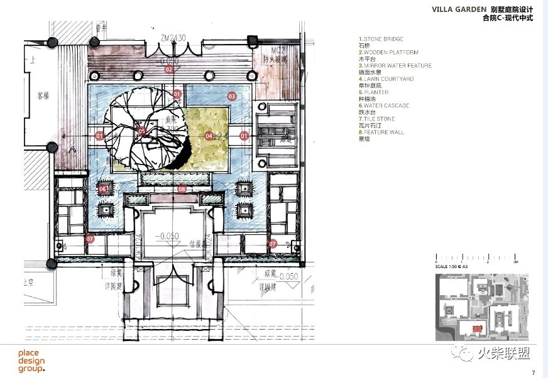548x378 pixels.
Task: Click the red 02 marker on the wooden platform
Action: (168, 70)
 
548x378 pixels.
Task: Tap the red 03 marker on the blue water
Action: (232, 97)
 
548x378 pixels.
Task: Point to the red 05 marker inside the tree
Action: (142, 132)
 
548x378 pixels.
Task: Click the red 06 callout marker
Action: (103, 188)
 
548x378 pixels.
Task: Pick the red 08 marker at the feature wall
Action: (181, 188)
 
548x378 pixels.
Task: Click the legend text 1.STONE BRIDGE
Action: (381, 40)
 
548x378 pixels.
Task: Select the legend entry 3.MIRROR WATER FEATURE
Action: (395, 66)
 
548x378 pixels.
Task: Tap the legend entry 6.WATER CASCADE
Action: (383, 105)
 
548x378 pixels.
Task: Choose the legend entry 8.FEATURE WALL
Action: (381, 132)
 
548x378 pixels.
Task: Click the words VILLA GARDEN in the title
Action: (459, 9)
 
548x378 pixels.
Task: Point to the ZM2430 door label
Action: (172, 38)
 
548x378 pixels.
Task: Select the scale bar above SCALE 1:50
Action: (476, 259)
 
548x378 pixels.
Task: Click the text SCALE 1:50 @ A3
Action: (456, 267)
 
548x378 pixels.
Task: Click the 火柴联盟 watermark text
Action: (508, 355)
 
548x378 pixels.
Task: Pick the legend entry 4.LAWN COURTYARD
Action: (386, 79)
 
